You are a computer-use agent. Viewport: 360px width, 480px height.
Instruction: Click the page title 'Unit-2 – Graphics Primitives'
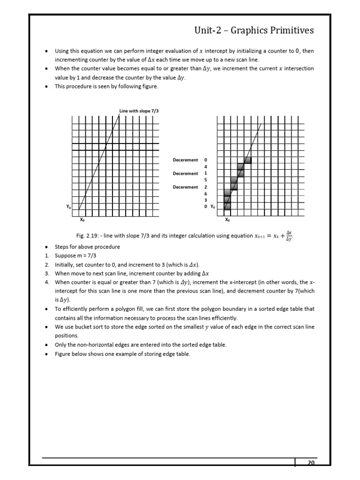[x=254, y=31]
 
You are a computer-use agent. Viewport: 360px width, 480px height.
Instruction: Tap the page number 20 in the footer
[x=310, y=463]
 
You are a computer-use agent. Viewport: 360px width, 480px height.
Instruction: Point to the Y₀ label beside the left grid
[x=68, y=206]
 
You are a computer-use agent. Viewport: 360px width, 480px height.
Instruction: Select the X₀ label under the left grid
[x=82, y=219]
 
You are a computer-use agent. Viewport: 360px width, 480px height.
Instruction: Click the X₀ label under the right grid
[x=227, y=219]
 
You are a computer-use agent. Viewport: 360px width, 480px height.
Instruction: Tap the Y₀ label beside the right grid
[x=213, y=206]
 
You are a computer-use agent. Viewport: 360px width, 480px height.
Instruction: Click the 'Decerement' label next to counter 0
[x=186, y=160]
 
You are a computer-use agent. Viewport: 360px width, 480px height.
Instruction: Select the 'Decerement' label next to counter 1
[x=186, y=173]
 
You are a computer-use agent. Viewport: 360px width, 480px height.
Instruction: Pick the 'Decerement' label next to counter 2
[x=186, y=187]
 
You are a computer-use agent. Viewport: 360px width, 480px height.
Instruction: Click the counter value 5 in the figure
[x=205, y=180]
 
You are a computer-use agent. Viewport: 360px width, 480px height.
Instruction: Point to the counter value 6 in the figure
[x=205, y=194]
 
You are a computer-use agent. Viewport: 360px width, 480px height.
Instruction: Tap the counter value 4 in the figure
[x=205, y=166]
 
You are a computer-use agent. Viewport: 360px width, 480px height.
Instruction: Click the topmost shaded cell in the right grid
[x=247, y=160]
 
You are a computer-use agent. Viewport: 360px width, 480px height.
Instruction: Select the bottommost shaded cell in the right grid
[x=227, y=206]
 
